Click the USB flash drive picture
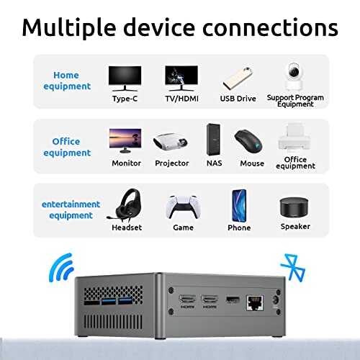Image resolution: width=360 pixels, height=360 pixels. [x=238, y=78]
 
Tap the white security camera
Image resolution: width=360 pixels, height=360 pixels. [x=294, y=76]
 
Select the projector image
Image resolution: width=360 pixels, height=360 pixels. [x=171, y=142]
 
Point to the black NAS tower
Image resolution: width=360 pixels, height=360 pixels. [x=213, y=140]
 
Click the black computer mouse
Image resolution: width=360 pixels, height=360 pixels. [x=248, y=142]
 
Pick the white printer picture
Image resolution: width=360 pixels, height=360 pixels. [x=294, y=138]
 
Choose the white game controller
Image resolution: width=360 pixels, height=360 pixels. [x=183, y=207]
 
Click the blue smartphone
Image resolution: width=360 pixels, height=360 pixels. [x=239, y=206]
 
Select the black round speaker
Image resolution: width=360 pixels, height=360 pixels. [x=294, y=207]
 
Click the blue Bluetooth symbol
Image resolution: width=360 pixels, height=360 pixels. [x=293, y=267]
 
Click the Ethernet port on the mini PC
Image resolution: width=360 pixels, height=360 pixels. [x=255, y=303]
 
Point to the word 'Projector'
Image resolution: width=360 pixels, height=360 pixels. [x=172, y=163]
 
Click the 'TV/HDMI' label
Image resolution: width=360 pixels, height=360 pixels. [x=181, y=99]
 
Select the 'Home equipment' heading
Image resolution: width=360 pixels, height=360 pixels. [x=67, y=81]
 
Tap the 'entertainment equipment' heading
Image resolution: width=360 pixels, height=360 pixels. [x=71, y=210]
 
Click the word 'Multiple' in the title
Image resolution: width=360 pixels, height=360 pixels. [x=69, y=28]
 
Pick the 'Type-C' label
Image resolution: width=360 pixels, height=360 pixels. [x=125, y=99]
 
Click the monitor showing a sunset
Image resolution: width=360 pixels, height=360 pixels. [x=125, y=140]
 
